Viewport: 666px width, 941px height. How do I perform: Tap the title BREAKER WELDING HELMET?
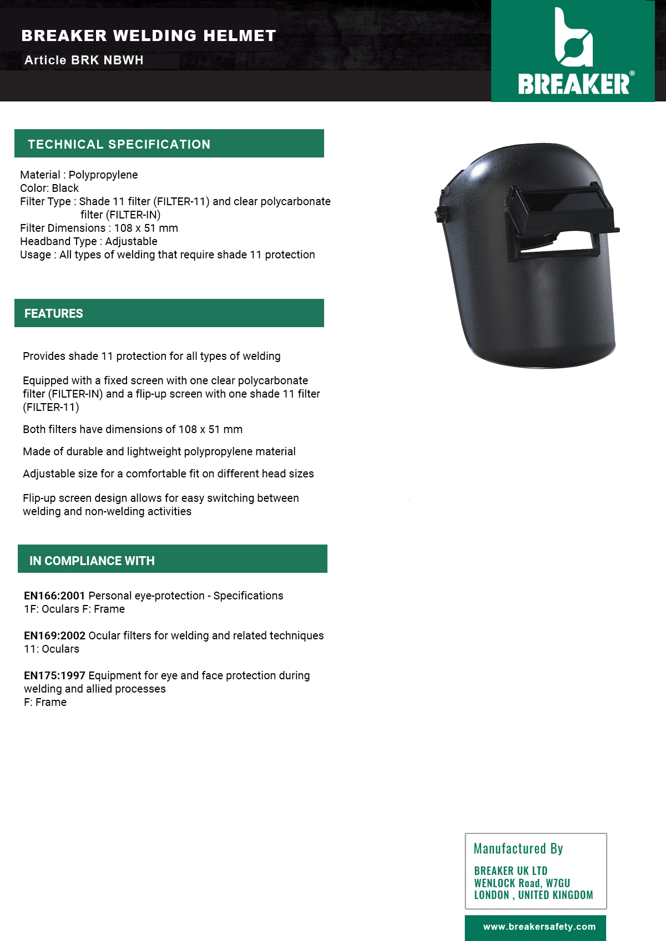tap(148, 36)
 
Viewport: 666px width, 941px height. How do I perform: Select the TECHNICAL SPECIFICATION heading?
tap(119, 144)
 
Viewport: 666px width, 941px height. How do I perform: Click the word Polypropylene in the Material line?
tap(103, 175)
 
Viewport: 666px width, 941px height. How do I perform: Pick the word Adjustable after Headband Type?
tap(131, 241)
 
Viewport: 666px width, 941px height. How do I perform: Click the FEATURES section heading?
tap(53, 314)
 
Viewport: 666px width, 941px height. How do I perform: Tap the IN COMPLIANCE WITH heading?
tap(92, 561)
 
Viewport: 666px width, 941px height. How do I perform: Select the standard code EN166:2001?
tap(54, 596)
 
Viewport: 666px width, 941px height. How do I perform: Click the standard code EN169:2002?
tap(54, 635)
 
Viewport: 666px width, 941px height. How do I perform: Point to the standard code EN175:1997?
tap(54, 675)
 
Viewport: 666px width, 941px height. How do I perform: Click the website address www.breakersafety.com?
tap(539, 927)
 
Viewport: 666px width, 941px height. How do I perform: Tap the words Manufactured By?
tap(518, 848)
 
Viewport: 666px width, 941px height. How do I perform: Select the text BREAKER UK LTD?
tap(511, 871)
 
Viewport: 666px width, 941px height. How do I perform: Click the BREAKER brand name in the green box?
tap(573, 84)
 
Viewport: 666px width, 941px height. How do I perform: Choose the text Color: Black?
tap(49, 188)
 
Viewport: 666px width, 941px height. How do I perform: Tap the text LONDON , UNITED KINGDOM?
tap(533, 895)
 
